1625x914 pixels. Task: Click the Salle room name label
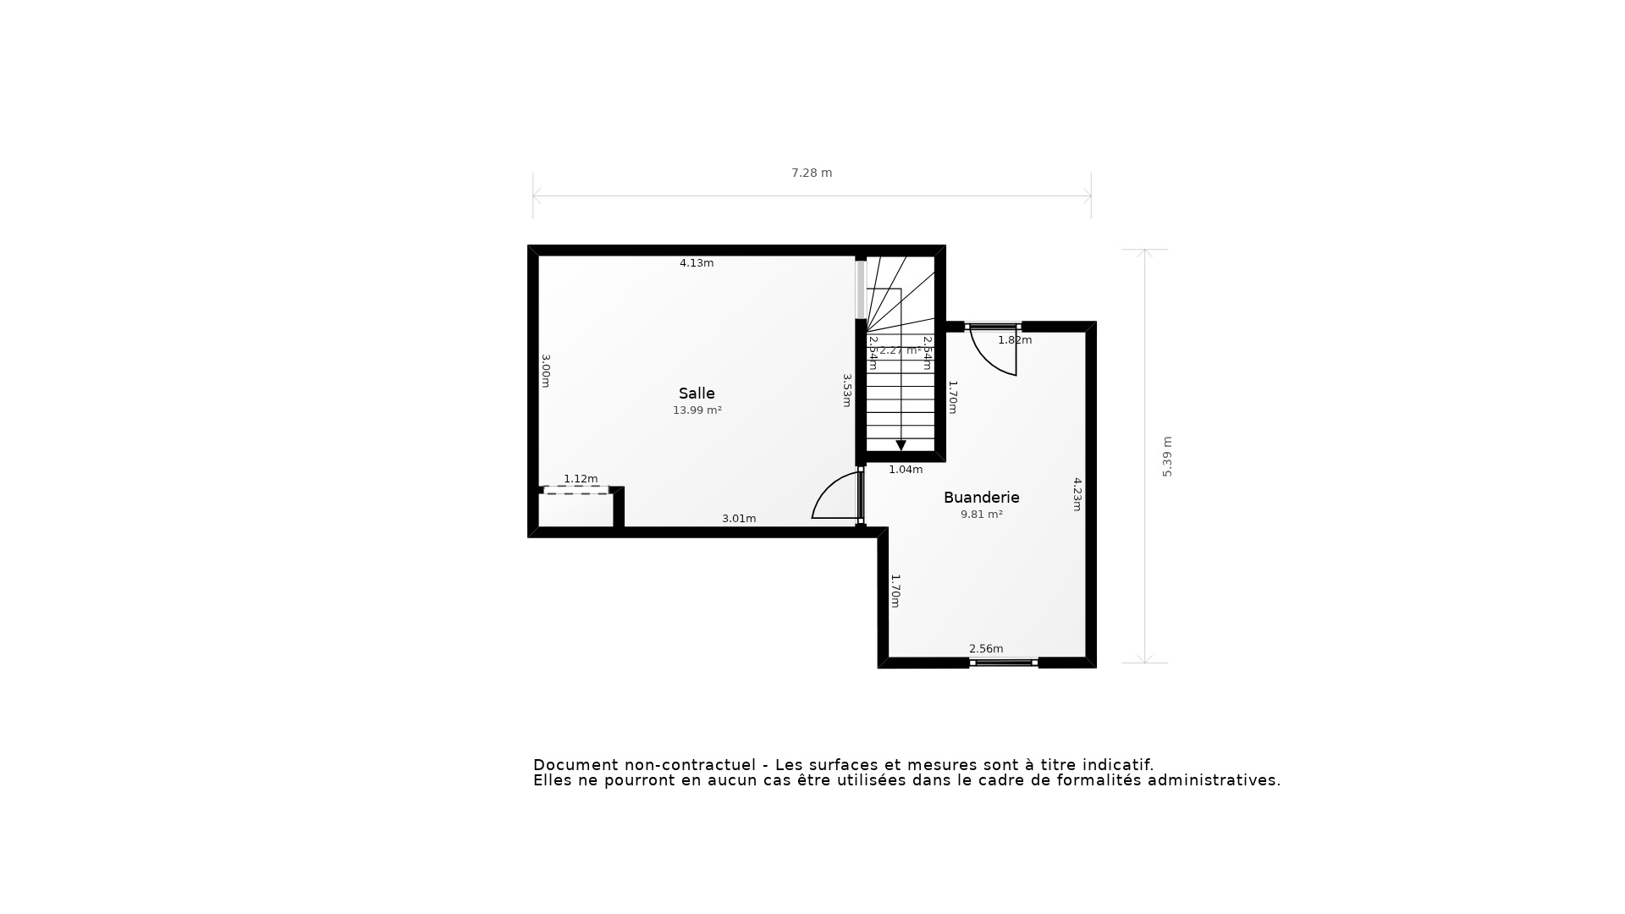pos(697,394)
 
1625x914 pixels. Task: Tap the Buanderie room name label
pos(981,498)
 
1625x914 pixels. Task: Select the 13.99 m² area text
pos(697,410)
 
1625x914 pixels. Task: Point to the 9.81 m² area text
pos(981,515)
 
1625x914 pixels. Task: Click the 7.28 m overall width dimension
pos(812,173)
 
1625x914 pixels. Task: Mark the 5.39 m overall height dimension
pos(1167,457)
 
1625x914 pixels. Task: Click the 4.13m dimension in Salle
pos(697,263)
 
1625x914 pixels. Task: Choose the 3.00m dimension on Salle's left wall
pos(546,371)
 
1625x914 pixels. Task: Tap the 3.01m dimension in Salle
pos(739,519)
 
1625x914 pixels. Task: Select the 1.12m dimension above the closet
pos(581,479)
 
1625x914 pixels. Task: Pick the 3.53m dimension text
pos(846,390)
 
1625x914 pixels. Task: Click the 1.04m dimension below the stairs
pos(906,470)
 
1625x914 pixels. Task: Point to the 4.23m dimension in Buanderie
pos(1077,494)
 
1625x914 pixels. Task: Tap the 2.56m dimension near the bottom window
pos(986,649)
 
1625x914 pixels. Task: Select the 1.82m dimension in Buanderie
pos(1015,340)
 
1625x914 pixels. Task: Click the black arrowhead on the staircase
pos(901,445)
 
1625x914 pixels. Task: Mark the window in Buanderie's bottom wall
pos(1003,663)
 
